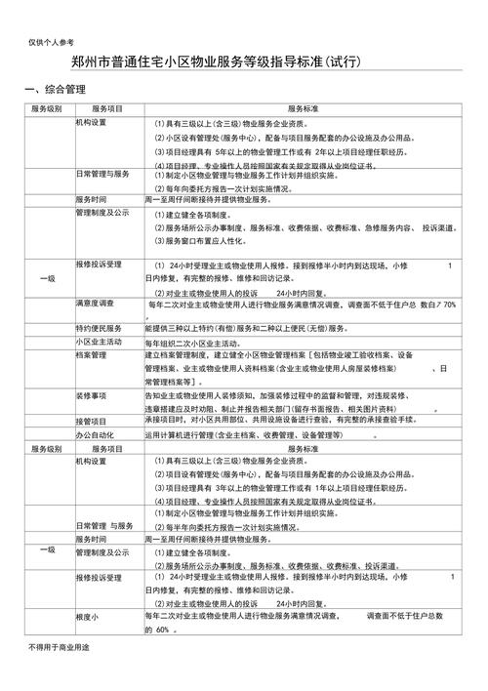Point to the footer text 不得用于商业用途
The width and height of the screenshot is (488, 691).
pos(59,675)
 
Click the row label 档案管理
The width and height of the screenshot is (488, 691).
pos(93,356)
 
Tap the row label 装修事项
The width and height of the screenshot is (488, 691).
pos(93,396)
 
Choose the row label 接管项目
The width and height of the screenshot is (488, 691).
pos(93,421)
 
